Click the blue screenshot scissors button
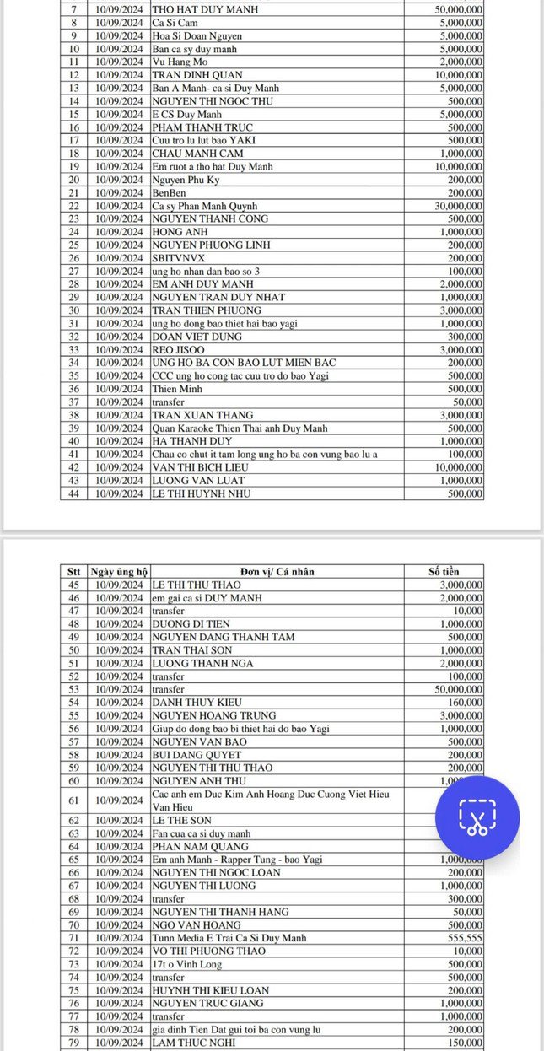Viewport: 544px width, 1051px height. (477, 817)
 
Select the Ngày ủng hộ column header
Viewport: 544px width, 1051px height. (118, 571)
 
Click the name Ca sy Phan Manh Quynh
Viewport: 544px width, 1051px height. (205, 206)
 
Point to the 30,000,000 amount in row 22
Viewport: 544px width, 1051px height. (455, 206)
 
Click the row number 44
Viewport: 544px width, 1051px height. (73, 494)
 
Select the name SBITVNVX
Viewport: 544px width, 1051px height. (177, 258)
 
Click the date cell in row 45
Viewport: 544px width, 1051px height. (118, 585)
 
